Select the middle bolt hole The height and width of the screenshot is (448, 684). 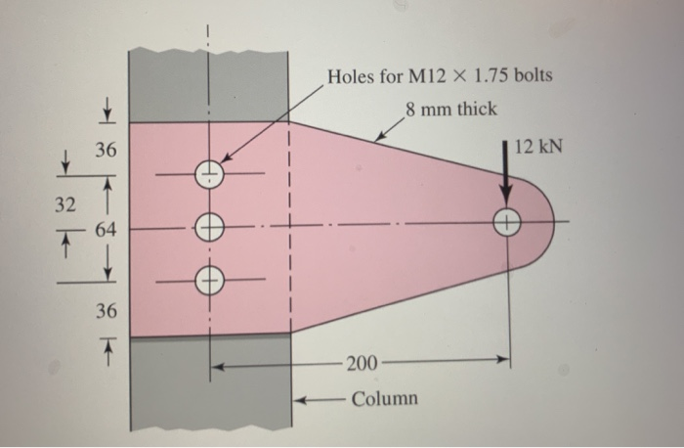[x=209, y=227]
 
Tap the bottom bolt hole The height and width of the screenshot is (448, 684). [x=209, y=278]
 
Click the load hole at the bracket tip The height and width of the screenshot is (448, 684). [x=506, y=222]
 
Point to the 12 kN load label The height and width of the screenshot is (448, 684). [x=538, y=147]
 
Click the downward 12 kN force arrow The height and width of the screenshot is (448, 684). [x=506, y=176]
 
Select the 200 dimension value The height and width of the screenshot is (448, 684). [x=361, y=364]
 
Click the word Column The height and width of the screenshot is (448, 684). [x=384, y=398]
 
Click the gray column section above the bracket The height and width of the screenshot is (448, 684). [x=209, y=83]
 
